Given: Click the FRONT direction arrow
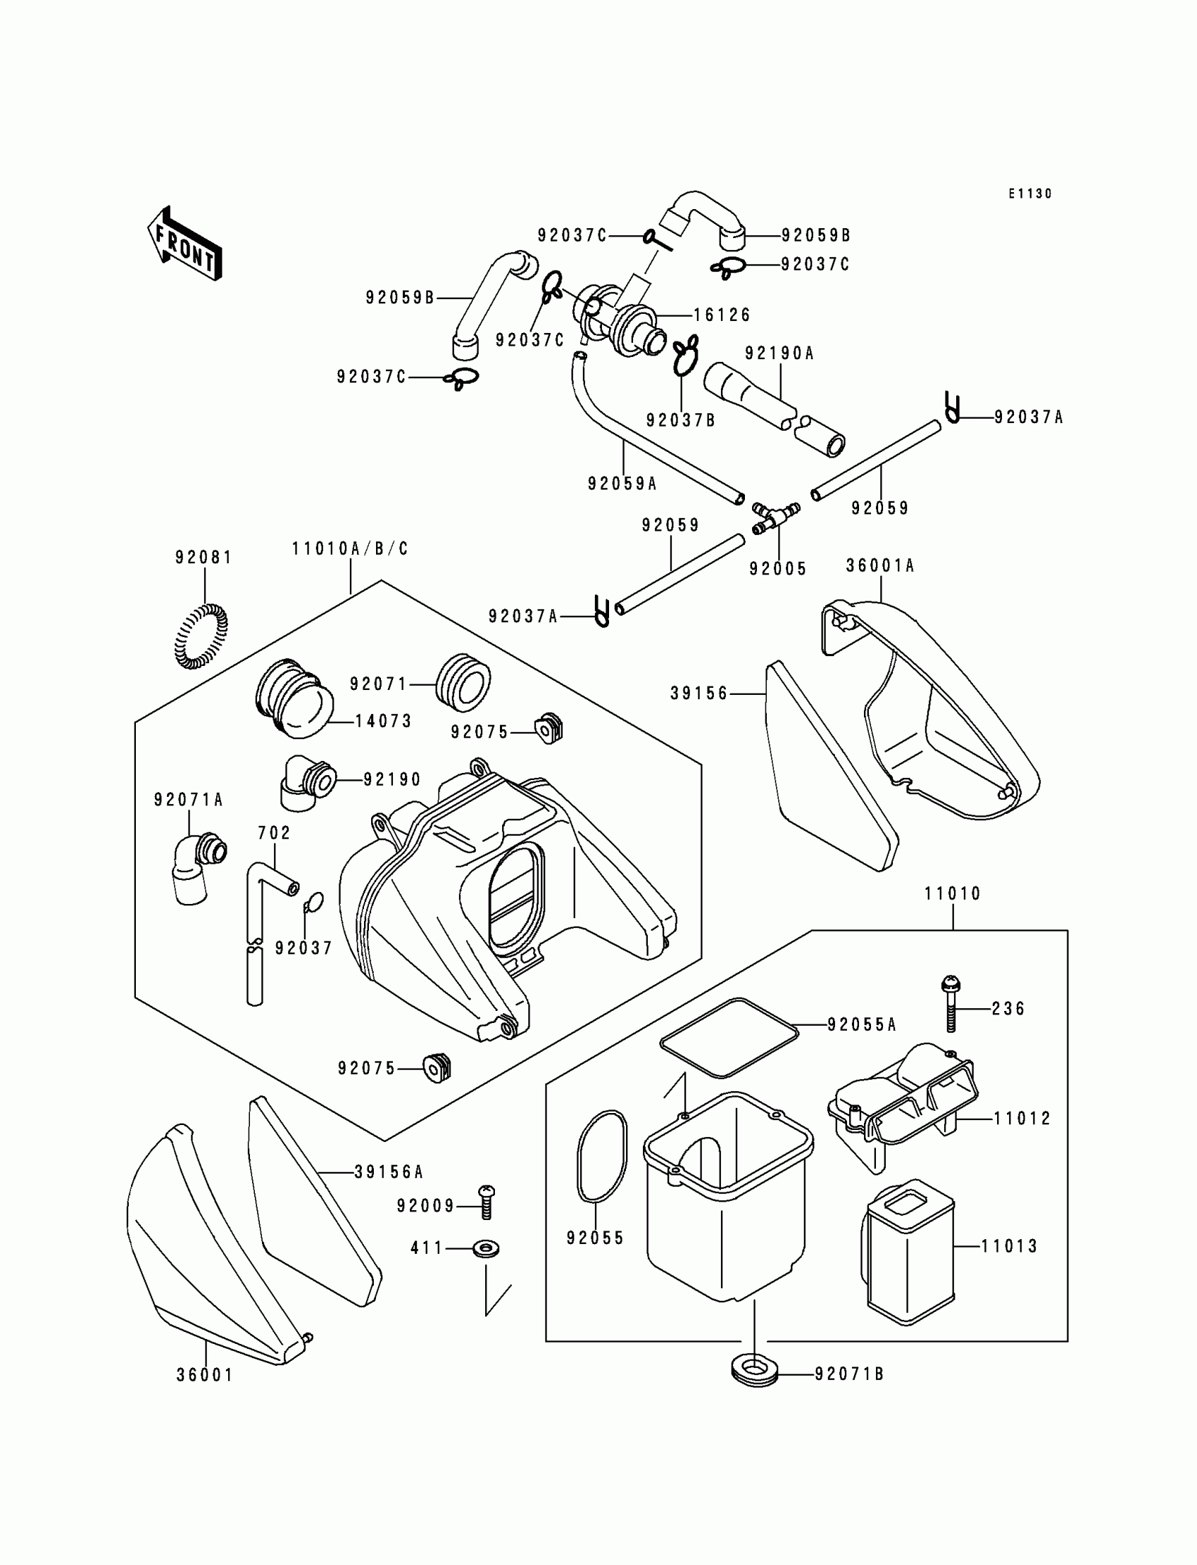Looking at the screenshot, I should click(184, 244).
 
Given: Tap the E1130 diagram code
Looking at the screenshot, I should click(1029, 194).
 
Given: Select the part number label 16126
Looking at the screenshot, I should click(722, 315).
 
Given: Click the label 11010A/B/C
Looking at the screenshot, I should click(350, 549).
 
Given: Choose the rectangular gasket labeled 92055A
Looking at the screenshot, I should click(729, 1036).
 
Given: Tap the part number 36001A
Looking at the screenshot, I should click(880, 565).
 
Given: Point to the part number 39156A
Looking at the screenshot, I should click(388, 1171).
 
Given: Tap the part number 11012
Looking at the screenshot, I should click(1022, 1119).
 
